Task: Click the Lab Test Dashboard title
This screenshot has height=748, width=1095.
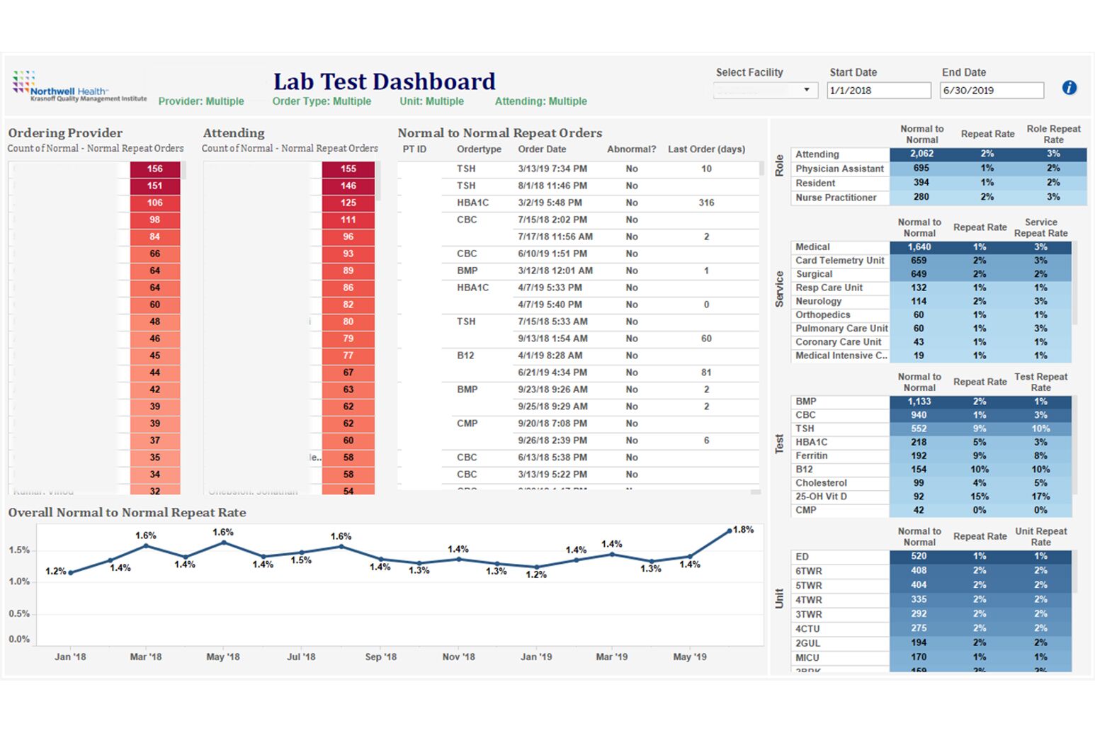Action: click(x=384, y=81)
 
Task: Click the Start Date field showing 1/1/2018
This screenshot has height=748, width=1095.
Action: click(x=878, y=91)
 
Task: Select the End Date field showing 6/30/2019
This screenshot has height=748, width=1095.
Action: click(x=991, y=91)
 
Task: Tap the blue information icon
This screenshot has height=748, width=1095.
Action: click(x=1069, y=88)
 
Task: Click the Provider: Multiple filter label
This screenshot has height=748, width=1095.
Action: click(x=201, y=101)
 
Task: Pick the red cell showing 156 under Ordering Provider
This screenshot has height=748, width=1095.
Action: click(x=155, y=169)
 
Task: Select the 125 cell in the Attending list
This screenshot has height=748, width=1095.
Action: click(x=348, y=203)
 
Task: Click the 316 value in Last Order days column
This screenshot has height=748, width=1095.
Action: click(x=706, y=203)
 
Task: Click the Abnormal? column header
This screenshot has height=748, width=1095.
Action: click(x=631, y=149)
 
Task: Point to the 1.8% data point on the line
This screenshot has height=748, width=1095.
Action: click(x=730, y=531)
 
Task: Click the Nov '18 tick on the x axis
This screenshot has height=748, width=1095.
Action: click(x=458, y=657)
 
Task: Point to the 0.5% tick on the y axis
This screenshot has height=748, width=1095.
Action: click(x=19, y=613)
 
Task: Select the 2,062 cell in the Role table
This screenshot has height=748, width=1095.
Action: click(x=921, y=154)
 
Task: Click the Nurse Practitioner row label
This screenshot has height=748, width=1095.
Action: click(x=836, y=198)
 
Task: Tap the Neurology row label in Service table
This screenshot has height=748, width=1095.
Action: click(x=818, y=301)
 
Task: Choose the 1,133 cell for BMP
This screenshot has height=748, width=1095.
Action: click(x=919, y=402)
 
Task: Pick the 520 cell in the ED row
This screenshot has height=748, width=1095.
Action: click(x=919, y=557)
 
